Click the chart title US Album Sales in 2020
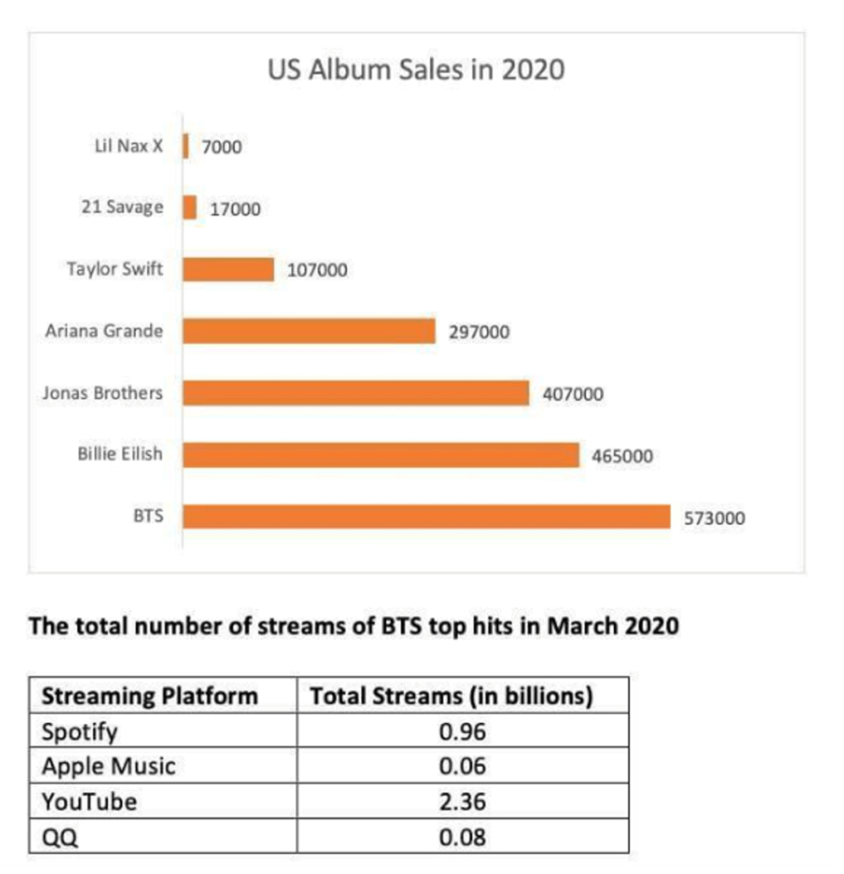tap(416, 70)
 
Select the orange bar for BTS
tap(426, 517)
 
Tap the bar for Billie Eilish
tap(380, 454)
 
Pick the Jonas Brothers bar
tap(355, 393)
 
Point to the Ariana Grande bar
tap(309, 331)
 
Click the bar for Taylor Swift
tap(228, 269)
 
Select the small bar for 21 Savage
tap(190, 207)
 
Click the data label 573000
tap(714, 519)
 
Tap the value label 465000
tap(622, 457)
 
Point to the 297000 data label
tap(479, 333)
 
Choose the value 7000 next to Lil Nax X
tap(222, 148)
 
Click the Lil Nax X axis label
tap(129, 146)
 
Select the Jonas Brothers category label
tap(103, 393)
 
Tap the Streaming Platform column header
tap(149, 695)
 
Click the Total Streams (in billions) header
tap(451, 695)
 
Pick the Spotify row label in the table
tap(80, 731)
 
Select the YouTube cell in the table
tap(89, 802)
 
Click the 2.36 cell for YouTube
tap(462, 802)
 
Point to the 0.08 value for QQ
tap(462, 837)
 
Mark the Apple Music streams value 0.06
tap(462, 766)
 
